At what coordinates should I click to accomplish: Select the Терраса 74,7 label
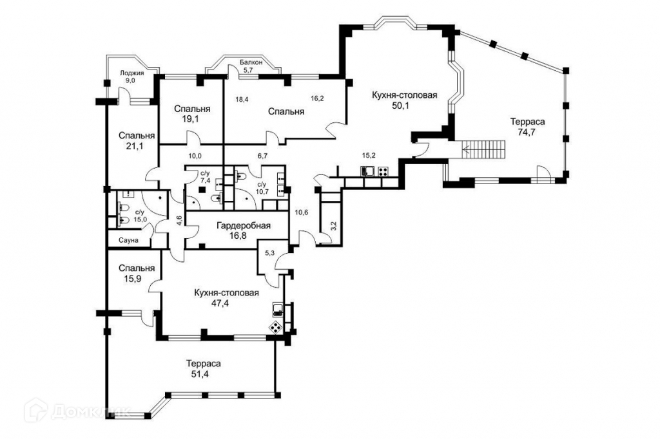(x=523, y=127)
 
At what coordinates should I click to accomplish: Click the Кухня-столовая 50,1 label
(x=405, y=101)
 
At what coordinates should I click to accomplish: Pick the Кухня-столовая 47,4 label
(x=226, y=298)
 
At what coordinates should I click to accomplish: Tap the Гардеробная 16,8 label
(x=243, y=231)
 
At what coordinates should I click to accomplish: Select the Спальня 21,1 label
(x=137, y=141)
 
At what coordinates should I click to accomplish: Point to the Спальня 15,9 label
(x=137, y=273)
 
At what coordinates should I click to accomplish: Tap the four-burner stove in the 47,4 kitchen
(x=275, y=327)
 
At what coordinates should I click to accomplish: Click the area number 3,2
(x=333, y=225)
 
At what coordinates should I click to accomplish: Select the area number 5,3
(x=271, y=253)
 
